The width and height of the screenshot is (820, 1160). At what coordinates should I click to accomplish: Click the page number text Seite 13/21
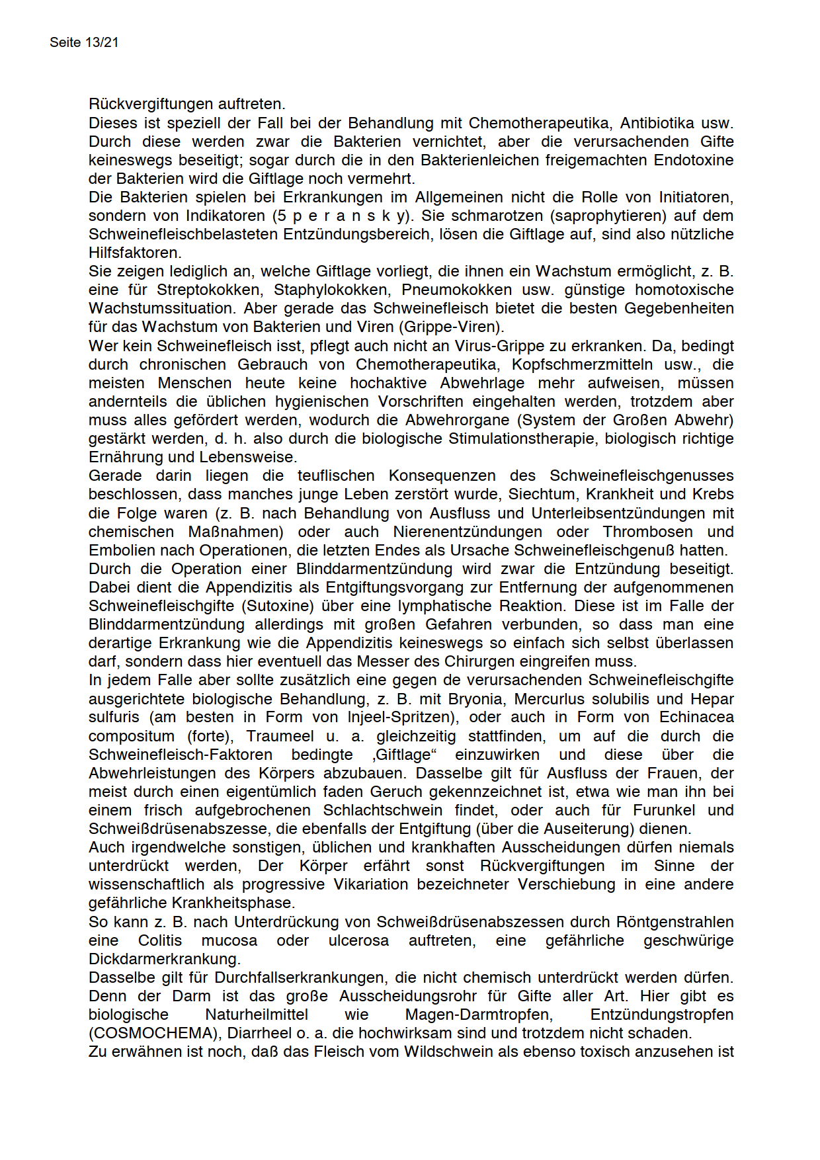(x=84, y=42)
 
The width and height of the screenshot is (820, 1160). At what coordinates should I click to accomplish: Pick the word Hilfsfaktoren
(x=134, y=253)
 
